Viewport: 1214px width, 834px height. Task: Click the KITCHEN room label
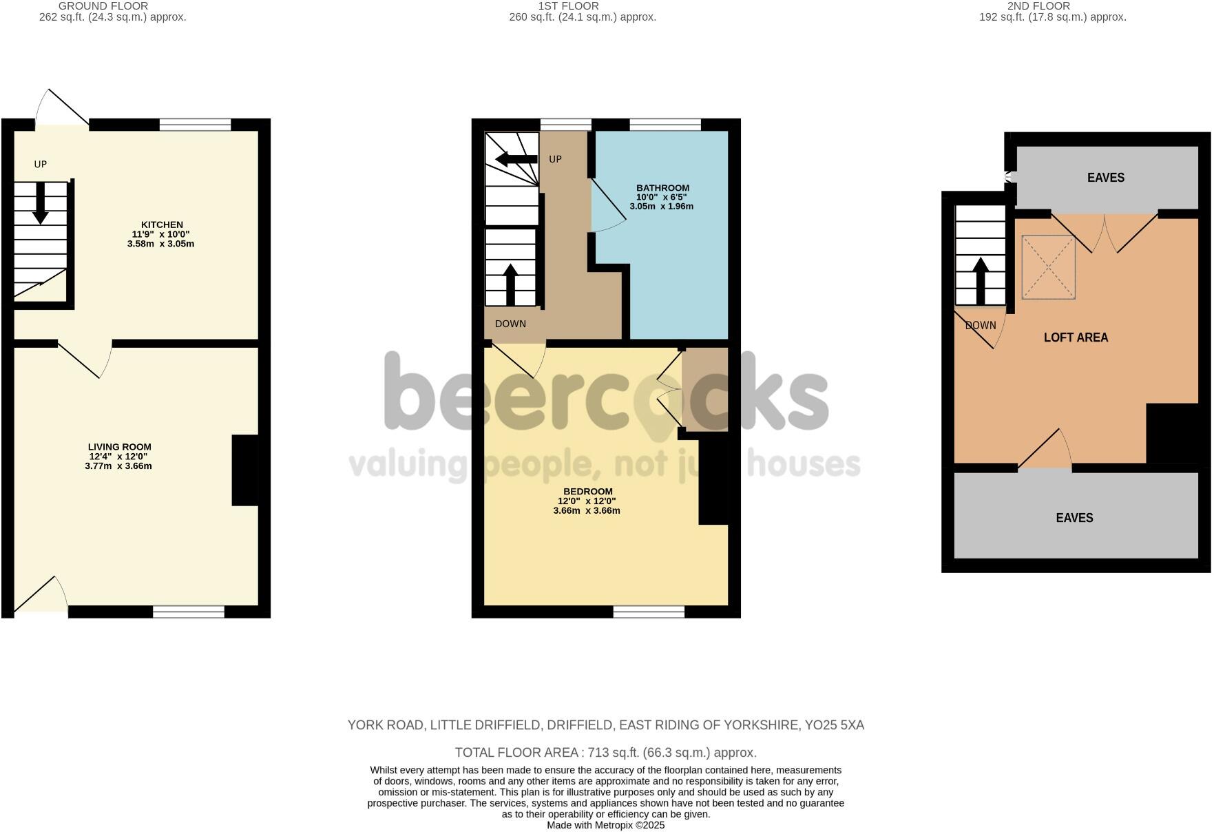click(162, 225)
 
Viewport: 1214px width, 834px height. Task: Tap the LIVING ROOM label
click(119, 447)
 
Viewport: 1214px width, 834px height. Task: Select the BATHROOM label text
click(662, 188)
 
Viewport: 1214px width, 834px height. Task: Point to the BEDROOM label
click(587, 492)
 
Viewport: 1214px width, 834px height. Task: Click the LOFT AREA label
click(1076, 337)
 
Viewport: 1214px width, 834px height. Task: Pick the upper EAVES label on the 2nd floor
click(1105, 178)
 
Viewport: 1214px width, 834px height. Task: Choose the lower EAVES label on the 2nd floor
click(1074, 518)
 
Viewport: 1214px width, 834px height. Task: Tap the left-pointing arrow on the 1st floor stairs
click(516, 160)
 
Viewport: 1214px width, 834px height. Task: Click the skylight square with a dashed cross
click(1048, 267)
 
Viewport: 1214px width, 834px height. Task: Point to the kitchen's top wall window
click(195, 125)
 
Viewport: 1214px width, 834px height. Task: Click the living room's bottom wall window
click(189, 612)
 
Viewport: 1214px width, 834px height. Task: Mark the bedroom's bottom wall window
click(649, 612)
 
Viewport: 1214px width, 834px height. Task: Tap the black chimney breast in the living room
click(245, 470)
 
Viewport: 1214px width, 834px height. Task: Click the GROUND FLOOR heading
click(103, 6)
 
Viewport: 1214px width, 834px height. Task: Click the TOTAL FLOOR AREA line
click(605, 753)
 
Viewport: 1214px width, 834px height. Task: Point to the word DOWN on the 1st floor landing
click(510, 324)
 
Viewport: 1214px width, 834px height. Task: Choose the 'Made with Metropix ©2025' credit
click(605, 825)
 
